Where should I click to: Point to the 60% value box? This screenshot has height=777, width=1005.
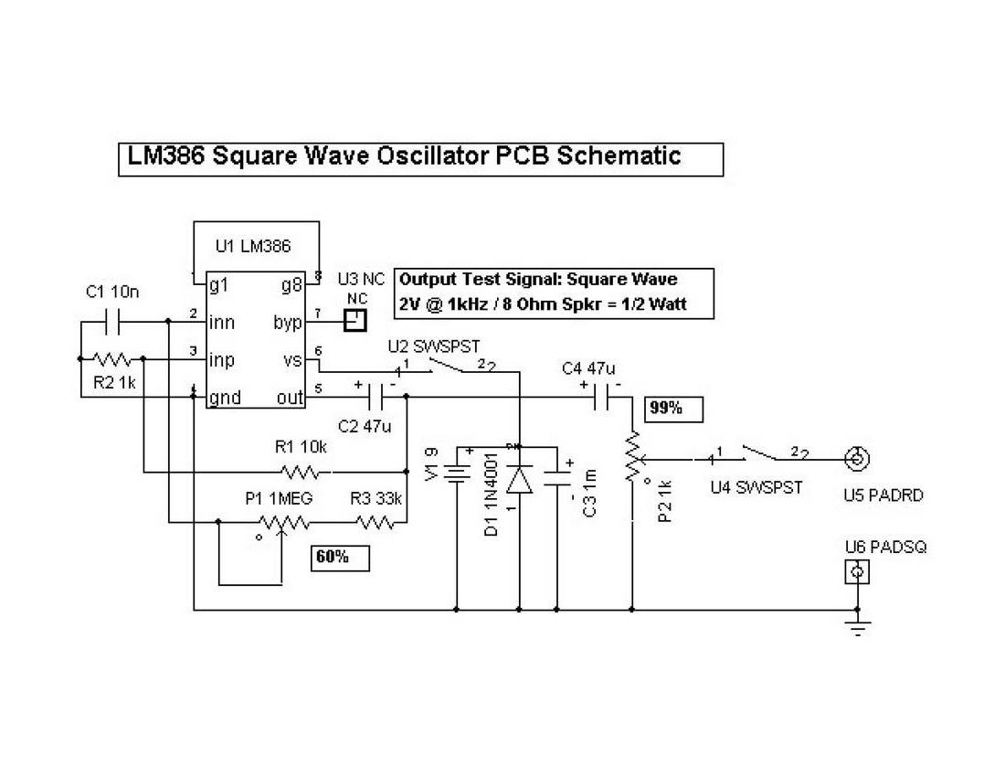pos(341,557)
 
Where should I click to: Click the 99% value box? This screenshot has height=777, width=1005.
pos(674,409)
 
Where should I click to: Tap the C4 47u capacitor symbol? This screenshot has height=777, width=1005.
pos(603,397)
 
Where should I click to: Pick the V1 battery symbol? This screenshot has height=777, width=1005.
pos(456,474)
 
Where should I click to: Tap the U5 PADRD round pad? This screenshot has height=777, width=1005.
pos(856,459)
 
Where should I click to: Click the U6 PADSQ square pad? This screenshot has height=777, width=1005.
pos(856,572)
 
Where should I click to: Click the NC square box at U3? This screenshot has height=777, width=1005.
pos(354,320)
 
